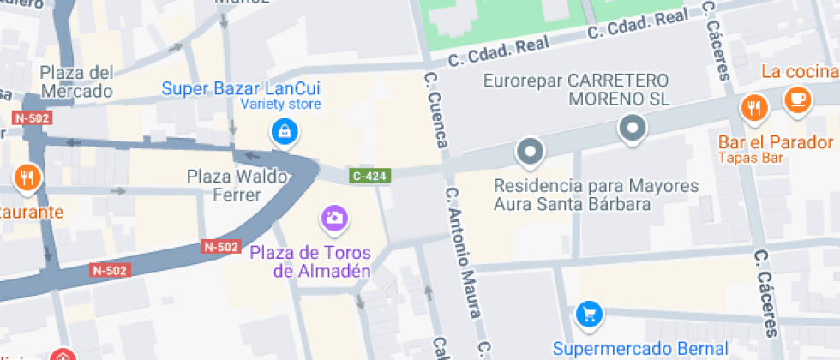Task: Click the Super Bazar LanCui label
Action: (241, 88)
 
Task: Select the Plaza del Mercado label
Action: (76, 81)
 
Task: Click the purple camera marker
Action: (334, 218)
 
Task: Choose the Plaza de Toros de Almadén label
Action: (310, 261)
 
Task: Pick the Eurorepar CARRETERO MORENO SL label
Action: (576, 89)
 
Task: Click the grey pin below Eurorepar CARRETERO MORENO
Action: (633, 129)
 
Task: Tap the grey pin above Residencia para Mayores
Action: (530, 153)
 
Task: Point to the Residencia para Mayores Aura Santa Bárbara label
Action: (597, 195)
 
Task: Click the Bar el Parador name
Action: (776, 142)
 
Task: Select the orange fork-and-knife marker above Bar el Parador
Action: (753, 108)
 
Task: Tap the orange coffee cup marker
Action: (796, 98)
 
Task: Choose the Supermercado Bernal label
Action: (628, 349)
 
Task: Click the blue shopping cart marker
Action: (588, 314)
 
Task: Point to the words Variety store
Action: (280, 105)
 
